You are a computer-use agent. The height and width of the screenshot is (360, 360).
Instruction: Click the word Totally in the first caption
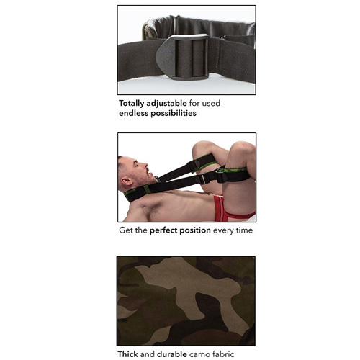[136, 103]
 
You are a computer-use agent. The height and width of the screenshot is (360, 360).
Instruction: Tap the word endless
[137, 114]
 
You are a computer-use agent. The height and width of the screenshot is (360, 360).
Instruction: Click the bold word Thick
[130, 354]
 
